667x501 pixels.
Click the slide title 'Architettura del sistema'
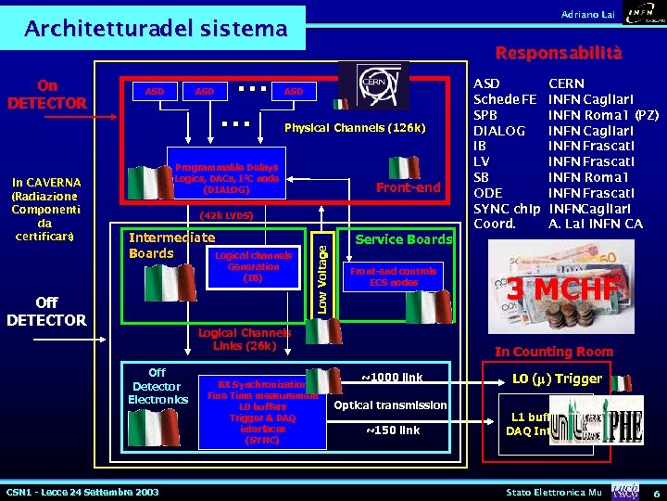pos(156,29)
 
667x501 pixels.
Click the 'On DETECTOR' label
pos(47,94)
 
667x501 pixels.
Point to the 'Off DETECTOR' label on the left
pos(46,312)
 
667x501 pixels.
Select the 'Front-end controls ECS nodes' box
pos(394,276)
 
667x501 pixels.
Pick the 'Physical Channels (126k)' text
pos(355,127)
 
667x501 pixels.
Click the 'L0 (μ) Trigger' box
pos(558,379)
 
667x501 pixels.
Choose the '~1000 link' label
pos(391,378)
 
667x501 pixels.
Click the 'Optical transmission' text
pos(390,405)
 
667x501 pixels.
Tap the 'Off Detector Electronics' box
pos(157,386)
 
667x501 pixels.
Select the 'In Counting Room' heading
pos(553,352)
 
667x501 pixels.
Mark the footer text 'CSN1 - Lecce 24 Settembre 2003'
pos(82,491)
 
